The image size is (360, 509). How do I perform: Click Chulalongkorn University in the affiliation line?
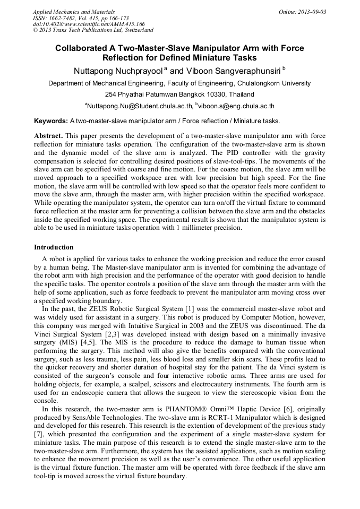click(273, 83)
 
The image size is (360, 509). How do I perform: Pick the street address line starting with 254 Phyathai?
click(179, 94)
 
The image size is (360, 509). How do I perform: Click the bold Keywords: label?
click(51, 121)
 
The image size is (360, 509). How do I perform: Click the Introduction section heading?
click(54, 247)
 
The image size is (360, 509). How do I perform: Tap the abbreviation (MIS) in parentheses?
click(67, 342)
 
